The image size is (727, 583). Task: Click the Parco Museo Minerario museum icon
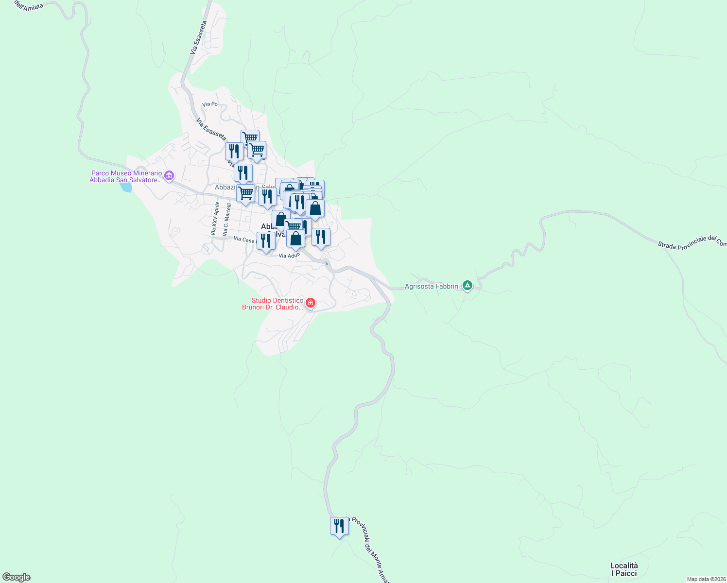169,176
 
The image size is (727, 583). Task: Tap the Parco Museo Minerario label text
126,176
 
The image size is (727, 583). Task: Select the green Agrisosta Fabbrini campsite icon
467,286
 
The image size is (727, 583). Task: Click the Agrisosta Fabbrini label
432,286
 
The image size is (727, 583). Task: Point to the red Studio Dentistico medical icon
311,304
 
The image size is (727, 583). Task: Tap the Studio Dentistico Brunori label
273,304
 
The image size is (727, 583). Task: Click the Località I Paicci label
624,569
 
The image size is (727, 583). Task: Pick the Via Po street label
210,104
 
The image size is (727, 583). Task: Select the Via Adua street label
289,256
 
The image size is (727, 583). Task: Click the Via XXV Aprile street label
215,219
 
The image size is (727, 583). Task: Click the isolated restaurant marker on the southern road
339,526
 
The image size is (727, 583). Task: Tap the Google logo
17,577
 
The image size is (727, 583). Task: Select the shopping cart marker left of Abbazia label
245,193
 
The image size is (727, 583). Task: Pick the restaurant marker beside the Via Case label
266,241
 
